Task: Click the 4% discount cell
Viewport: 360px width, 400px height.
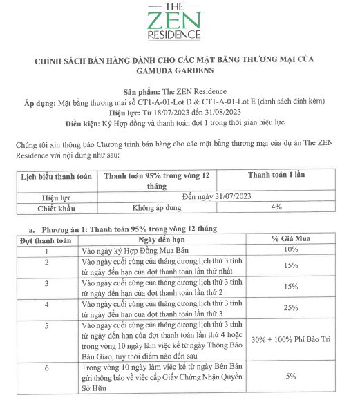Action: (276, 207)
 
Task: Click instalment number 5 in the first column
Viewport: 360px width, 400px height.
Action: (47, 325)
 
